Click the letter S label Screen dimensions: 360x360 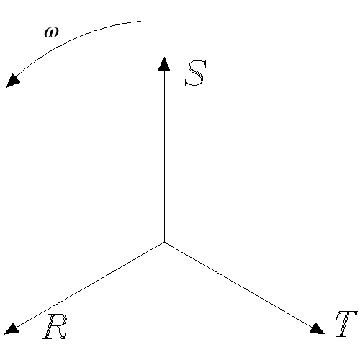click(x=196, y=73)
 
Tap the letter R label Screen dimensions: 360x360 click(x=55, y=326)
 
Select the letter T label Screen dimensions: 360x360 click(x=346, y=324)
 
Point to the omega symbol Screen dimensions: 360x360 click(x=51, y=32)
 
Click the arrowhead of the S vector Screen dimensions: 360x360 click(x=164, y=64)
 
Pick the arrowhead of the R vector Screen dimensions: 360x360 click(x=12, y=329)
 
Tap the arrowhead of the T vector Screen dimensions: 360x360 click(x=317, y=329)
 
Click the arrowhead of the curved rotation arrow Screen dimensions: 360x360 click(x=13, y=81)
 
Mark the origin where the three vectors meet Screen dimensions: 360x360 click(x=164, y=243)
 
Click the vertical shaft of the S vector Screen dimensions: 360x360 click(x=164, y=156)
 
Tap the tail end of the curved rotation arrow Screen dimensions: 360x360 click(x=141, y=21)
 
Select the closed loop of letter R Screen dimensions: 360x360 click(x=60, y=320)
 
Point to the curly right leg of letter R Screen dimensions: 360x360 click(x=61, y=333)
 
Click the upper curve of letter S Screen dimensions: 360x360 click(x=197, y=66)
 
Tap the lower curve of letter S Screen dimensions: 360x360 click(x=194, y=80)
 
